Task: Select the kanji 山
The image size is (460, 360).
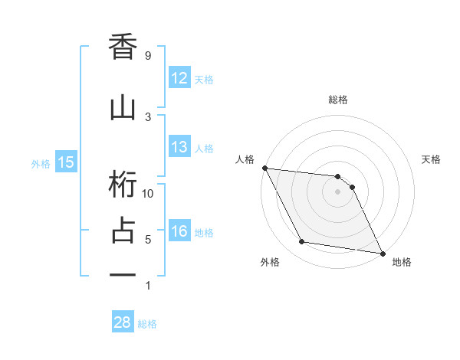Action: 123,106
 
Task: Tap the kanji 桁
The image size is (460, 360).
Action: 123,185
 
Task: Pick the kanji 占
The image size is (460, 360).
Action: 123,230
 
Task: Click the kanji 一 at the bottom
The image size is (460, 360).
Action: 123,274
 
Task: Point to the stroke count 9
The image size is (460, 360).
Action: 148,56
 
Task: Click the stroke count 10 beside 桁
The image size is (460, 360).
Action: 148,193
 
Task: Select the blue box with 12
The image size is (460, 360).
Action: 179,78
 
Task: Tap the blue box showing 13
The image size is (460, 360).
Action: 179,147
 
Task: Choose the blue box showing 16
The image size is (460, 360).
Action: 179,231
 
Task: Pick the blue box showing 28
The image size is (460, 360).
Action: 123,322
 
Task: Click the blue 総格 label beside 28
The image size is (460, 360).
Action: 147,323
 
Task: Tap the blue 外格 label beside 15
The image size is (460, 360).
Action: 41,162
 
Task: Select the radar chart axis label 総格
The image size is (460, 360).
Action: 338,100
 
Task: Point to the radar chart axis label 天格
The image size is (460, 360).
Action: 432,159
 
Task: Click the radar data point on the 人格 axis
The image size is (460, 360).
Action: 264,168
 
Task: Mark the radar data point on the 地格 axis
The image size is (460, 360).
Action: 382,252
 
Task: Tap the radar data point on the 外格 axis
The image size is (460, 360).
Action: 301,242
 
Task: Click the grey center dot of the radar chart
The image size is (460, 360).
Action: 338,191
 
